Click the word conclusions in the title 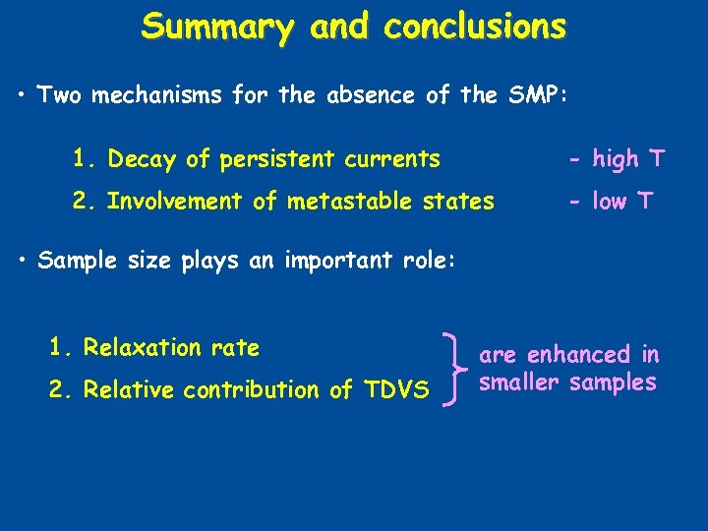tap(475, 27)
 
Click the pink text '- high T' tap(618, 158)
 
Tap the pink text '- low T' tap(611, 202)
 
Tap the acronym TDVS tap(394, 390)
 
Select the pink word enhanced tap(578, 354)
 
